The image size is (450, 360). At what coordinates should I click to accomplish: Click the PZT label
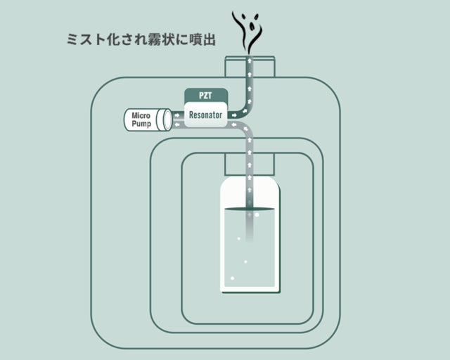(205, 96)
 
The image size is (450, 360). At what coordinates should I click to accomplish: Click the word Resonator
(205, 115)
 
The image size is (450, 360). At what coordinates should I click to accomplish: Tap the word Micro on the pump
(141, 115)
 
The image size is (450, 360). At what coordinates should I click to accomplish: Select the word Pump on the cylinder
(141, 124)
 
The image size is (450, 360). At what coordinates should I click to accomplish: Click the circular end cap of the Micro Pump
(166, 120)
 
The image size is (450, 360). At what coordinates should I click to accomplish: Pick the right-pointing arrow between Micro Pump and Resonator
(177, 115)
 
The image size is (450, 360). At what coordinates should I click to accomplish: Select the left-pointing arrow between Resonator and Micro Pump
(177, 124)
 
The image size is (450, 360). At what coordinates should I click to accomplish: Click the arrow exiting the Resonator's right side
(234, 115)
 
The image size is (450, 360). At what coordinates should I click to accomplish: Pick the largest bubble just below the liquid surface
(257, 214)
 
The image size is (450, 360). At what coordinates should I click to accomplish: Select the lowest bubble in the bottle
(233, 278)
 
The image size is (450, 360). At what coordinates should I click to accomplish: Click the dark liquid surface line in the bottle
(249, 210)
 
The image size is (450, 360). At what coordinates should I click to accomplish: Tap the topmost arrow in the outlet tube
(250, 61)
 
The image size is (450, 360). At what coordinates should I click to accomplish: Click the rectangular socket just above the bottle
(250, 165)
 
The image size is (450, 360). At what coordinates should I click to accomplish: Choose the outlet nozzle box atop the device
(250, 67)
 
